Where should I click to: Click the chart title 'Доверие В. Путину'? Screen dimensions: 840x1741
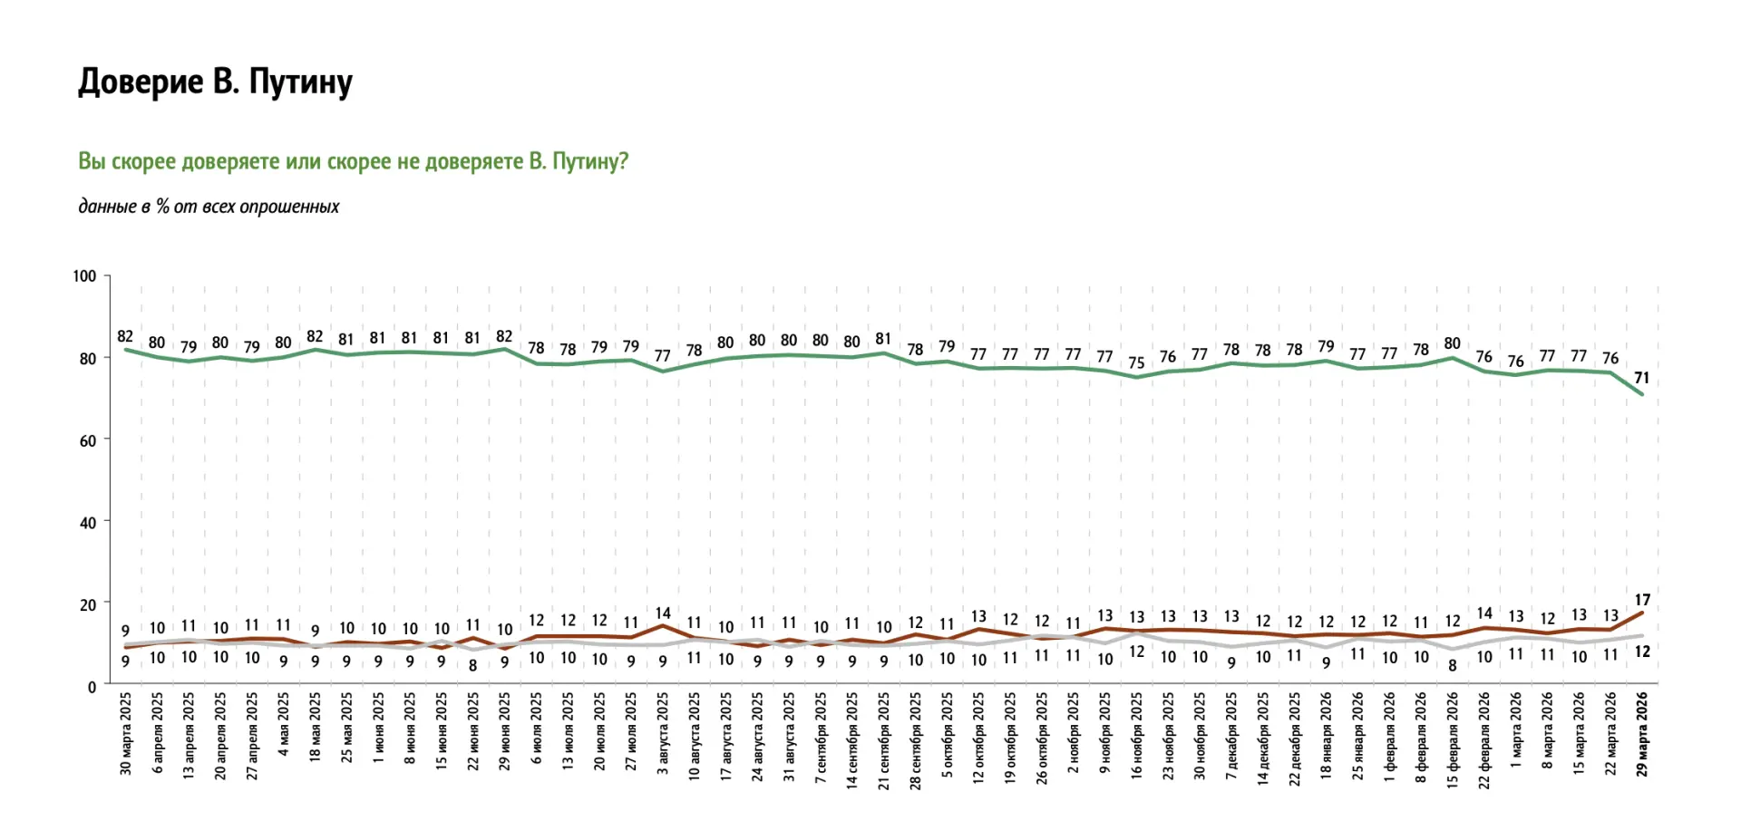(215, 82)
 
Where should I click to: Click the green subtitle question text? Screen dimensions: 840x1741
(353, 161)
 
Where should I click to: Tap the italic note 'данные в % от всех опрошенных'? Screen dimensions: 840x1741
(209, 207)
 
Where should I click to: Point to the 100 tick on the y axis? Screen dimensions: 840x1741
(84, 276)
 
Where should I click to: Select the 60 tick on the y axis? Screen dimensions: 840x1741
(88, 441)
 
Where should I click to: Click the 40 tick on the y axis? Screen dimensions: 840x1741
(88, 523)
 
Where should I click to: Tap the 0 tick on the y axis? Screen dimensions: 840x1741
(92, 688)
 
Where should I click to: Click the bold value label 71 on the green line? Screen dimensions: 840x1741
(1641, 378)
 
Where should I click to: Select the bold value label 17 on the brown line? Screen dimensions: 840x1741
(1642, 600)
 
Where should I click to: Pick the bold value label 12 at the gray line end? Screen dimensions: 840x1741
(1642, 652)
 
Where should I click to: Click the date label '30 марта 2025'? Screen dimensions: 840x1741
(126, 734)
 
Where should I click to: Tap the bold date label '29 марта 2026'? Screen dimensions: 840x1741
(1642, 734)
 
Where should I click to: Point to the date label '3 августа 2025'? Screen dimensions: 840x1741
(663, 734)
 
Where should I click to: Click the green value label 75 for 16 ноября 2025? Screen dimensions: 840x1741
(1136, 362)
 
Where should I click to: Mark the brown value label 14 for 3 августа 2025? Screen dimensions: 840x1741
(663, 613)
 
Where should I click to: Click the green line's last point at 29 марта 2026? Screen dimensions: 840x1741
(1641, 394)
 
